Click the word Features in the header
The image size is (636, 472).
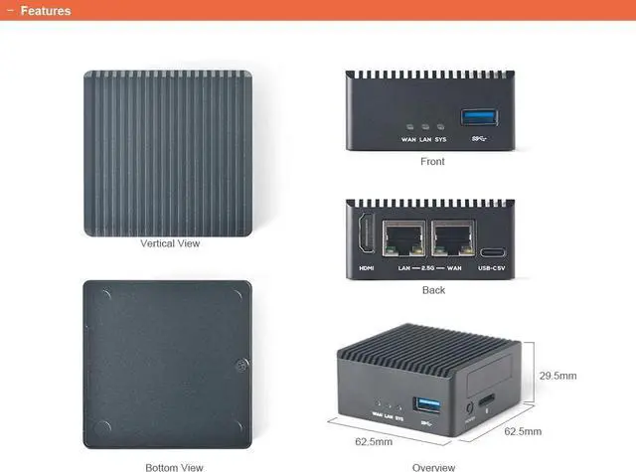click(x=46, y=11)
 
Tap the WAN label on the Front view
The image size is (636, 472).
click(x=408, y=140)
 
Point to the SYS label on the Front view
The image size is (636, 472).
click(x=440, y=140)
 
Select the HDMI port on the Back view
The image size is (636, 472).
click(x=365, y=238)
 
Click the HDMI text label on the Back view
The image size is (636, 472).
click(x=365, y=268)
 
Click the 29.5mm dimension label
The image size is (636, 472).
click(x=557, y=376)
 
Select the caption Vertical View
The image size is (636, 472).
click(x=171, y=243)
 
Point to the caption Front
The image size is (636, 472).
click(x=432, y=161)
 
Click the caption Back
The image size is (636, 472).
click(x=433, y=290)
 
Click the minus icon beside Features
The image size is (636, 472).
click(x=9, y=11)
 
